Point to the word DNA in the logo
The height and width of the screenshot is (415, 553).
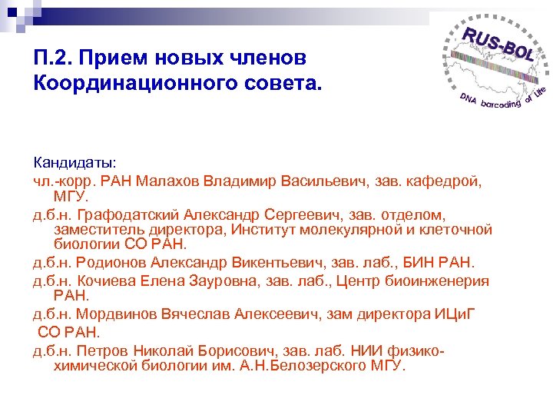(468, 99)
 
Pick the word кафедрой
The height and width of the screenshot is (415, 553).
(451, 181)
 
